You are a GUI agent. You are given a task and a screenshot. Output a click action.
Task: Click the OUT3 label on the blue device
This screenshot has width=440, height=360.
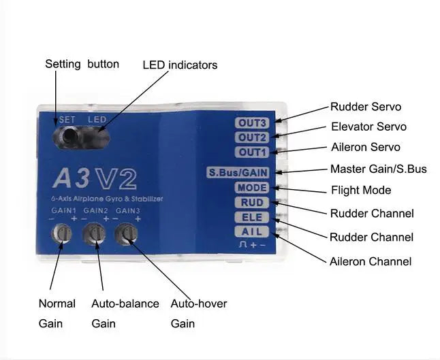tap(252, 123)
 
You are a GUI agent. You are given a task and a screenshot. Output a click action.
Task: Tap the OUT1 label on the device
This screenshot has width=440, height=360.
tap(252, 152)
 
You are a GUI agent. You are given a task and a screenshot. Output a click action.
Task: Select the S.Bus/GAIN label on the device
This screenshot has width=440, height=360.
tap(238, 172)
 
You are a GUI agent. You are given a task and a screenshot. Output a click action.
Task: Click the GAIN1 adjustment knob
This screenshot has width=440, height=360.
tap(63, 233)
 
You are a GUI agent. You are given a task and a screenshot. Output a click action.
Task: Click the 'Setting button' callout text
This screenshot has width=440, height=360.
tap(82, 64)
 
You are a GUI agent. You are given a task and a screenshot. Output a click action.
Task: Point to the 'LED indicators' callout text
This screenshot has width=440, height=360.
tap(180, 65)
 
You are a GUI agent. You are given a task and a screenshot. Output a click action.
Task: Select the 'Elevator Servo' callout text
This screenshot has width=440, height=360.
tap(368, 127)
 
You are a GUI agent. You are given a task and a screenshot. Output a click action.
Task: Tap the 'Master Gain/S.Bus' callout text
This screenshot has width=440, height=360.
tap(379, 169)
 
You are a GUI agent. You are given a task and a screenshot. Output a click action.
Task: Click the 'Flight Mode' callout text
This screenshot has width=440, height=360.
tap(361, 190)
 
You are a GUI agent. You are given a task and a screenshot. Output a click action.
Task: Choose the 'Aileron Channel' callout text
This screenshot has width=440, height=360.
tap(371, 261)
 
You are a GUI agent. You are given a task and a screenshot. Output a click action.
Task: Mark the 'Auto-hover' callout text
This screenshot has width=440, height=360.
tap(199, 304)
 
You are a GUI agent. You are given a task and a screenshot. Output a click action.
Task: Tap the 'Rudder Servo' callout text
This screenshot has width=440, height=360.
tap(366, 107)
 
